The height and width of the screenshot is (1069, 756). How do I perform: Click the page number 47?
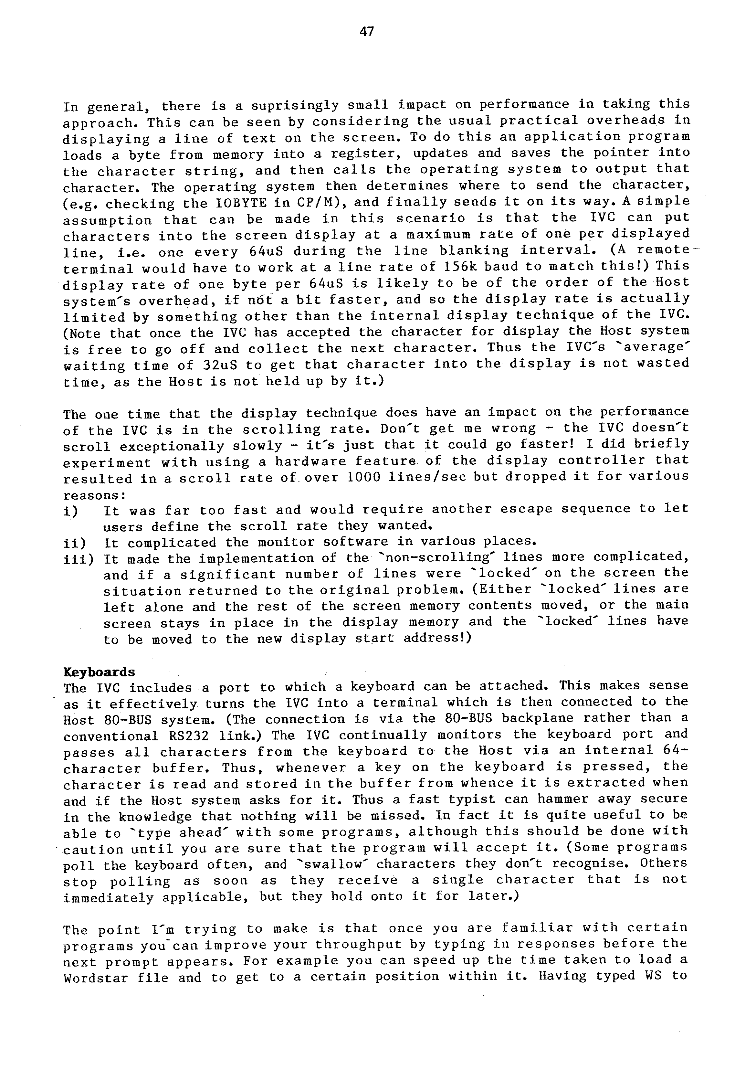[367, 32]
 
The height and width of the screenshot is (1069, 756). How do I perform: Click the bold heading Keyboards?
[99, 672]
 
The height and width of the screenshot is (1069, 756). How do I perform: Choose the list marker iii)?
[78, 559]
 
